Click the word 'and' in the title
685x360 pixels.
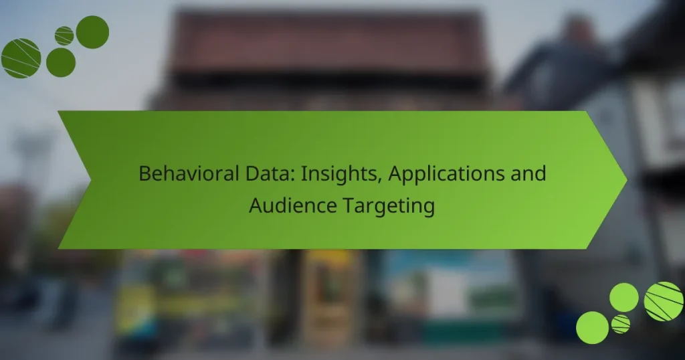click(530, 174)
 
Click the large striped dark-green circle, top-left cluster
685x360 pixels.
click(21, 58)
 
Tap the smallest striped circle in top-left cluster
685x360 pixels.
click(64, 35)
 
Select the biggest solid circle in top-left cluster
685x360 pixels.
click(92, 32)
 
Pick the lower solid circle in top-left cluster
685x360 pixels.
click(61, 62)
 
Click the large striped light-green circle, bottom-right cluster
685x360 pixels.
click(663, 301)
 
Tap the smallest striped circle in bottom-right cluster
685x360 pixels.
click(620, 324)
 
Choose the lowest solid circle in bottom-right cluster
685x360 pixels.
click(592, 328)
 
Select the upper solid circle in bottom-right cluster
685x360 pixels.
click(624, 297)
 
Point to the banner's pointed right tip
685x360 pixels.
click(625, 179)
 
